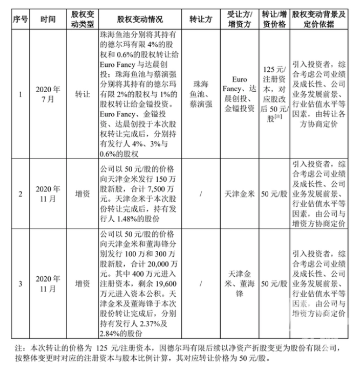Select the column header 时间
[x=47, y=18]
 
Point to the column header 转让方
[x=200, y=18]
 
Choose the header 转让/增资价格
[x=274, y=18]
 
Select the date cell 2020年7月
[x=47, y=95]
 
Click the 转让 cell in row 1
[x=83, y=95]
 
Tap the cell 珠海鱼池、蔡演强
[x=200, y=95]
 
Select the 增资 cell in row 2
[x=83, y=193]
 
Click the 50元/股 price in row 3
[x=274, y=283]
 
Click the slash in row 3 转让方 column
[x=200, y=283]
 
